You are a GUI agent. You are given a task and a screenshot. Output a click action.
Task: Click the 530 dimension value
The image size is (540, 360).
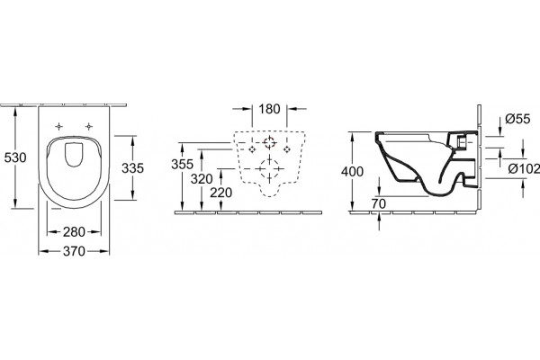coord(15,157)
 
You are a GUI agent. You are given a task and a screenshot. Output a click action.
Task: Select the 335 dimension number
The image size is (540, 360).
coord(132,168)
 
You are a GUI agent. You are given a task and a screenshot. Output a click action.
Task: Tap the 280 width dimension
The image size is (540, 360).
coord(74,232)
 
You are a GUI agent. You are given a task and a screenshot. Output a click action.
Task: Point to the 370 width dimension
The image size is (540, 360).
coord(74,251)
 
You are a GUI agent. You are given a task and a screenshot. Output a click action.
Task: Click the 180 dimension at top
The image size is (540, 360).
coord(269,109)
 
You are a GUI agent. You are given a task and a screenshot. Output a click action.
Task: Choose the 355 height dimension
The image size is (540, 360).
coord(182,165)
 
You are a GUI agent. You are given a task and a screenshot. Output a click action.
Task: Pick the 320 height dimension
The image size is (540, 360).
coord(202,179)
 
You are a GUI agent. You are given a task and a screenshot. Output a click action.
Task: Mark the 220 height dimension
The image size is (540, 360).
coord(221,193)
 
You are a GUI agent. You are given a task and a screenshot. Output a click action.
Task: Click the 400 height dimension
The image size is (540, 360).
coord(352,171)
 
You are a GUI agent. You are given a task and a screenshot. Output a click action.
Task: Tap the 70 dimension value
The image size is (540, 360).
coord(379,204)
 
